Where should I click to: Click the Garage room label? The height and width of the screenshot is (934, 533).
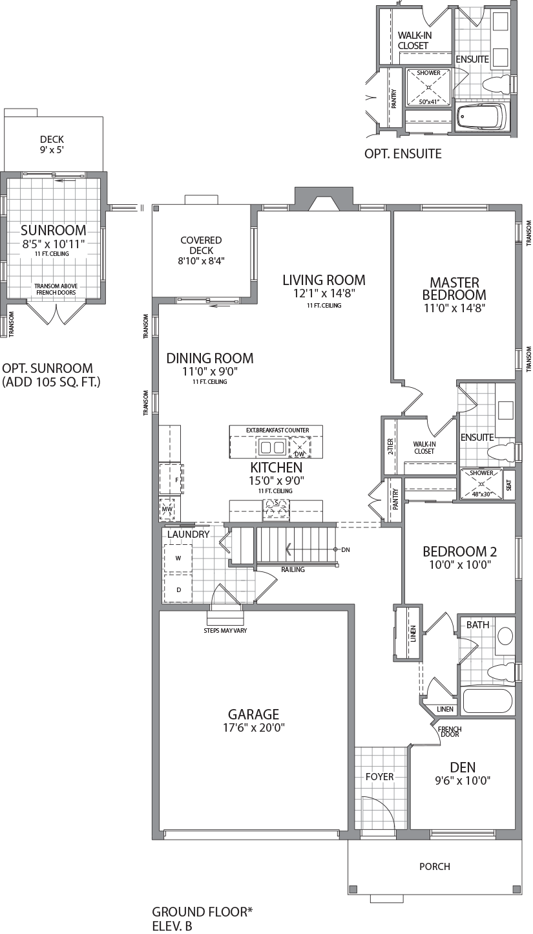(253, 714)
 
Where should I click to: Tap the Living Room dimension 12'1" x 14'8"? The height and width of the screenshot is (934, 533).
(324, 293)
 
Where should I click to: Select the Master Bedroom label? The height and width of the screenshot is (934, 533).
(455, 288)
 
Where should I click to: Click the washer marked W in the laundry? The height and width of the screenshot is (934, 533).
(178, 557)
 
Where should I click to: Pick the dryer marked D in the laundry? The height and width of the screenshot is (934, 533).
(178, 589)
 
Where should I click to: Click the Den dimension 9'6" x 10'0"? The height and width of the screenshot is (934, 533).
(463, 780)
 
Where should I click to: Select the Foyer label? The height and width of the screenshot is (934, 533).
(379, 776)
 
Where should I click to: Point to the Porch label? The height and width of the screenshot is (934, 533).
(434, 866)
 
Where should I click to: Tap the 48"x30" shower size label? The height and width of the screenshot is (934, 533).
(481, 494)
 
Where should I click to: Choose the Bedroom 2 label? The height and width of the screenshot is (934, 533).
(459, 551)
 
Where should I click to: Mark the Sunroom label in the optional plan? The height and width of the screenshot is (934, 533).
(53, 230)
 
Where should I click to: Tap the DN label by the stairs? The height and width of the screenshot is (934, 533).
(346, 549)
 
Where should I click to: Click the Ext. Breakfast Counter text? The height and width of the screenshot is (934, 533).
(277, 430)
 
